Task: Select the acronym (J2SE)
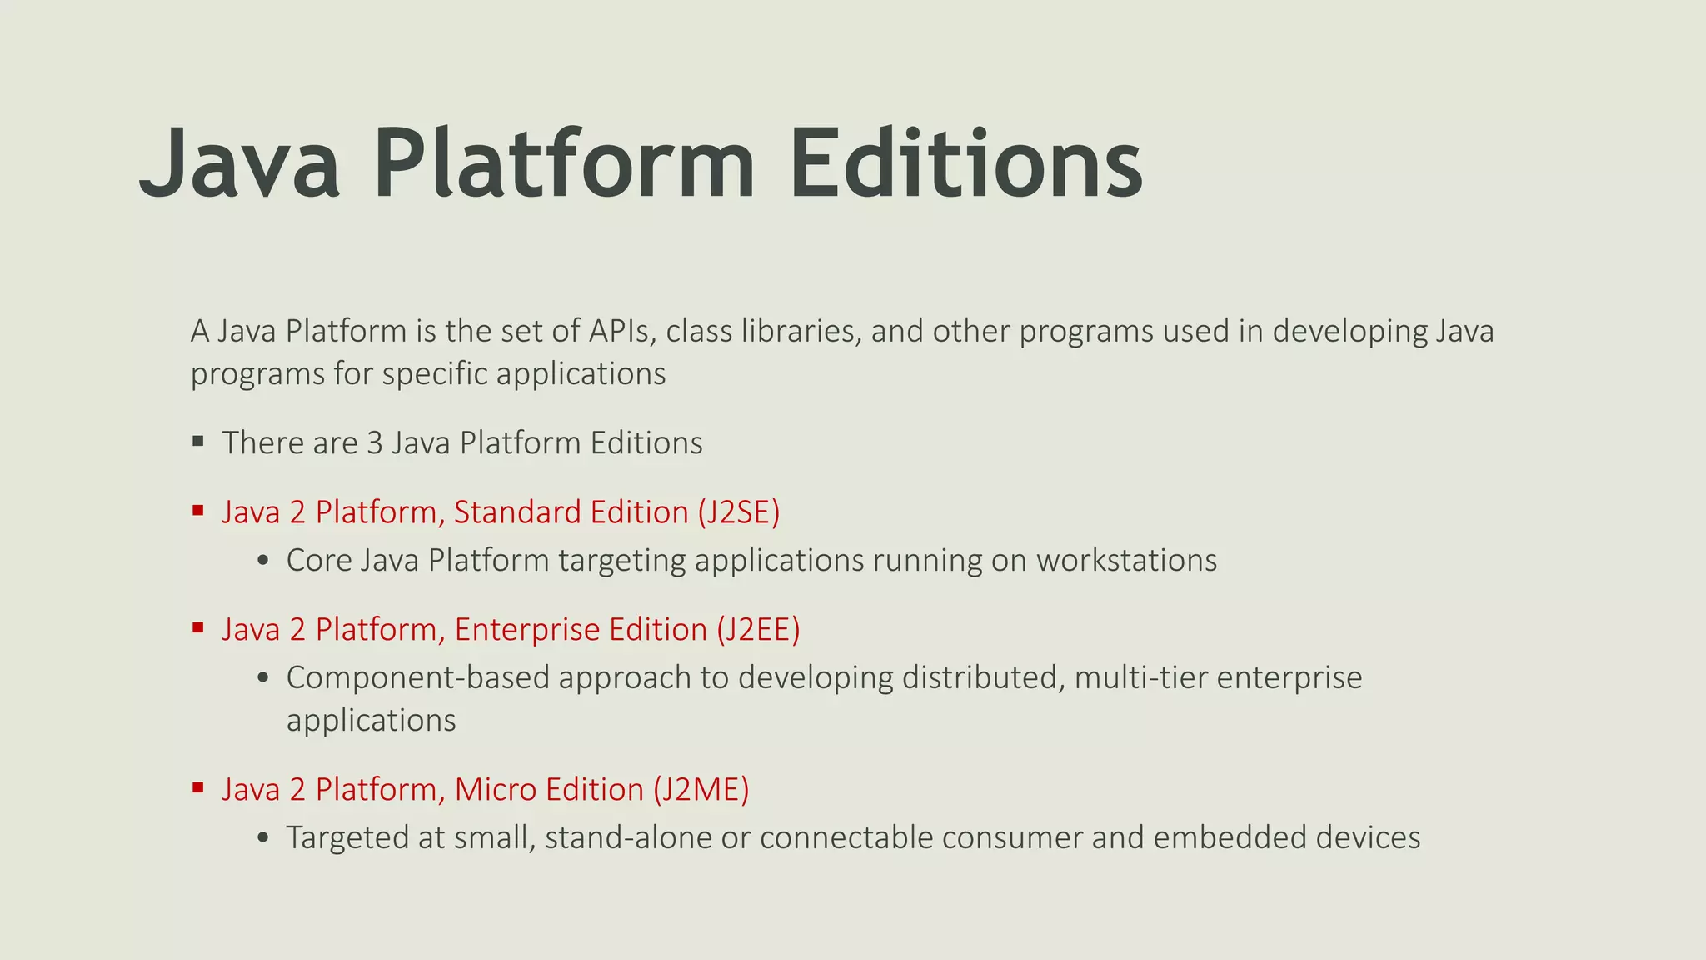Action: point(739,512)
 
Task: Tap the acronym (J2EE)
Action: point(758,629)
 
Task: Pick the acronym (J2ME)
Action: point(701,789)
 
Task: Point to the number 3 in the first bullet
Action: point(375,442)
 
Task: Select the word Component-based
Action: point(417,677)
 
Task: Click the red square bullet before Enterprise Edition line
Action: point(198,627)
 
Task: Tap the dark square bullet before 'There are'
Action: point(198,441)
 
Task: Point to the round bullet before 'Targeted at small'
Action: point(263,838)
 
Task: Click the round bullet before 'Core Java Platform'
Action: point(263,561)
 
